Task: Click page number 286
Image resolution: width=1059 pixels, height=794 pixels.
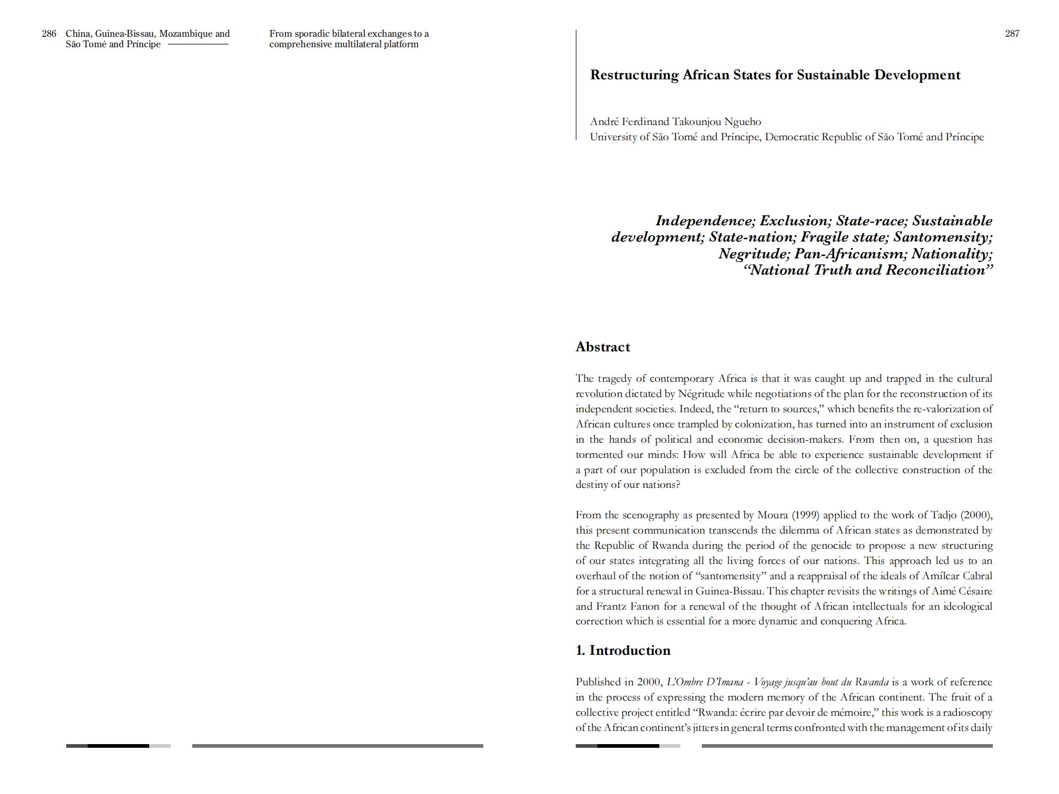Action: point(49,34)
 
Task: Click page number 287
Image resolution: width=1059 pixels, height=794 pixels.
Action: point(1012,34)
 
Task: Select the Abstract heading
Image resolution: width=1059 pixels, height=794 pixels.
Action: point(603,347)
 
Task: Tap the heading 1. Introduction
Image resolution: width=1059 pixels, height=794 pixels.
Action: point(623,651)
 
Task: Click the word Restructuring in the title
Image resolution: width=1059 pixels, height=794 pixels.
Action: point(634,75)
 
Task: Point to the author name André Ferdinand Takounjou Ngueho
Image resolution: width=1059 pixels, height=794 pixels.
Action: point(675,122)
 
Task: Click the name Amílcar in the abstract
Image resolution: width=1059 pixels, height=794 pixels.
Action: point(941,576)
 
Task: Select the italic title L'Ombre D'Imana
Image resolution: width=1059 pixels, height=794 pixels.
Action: point(704,683)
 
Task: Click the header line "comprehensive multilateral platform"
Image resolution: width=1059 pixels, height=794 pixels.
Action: point(344,45)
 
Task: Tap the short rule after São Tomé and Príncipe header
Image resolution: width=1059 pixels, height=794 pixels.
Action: point(198,45)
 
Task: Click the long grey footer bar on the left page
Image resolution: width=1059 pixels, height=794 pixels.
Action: point(337,746)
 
